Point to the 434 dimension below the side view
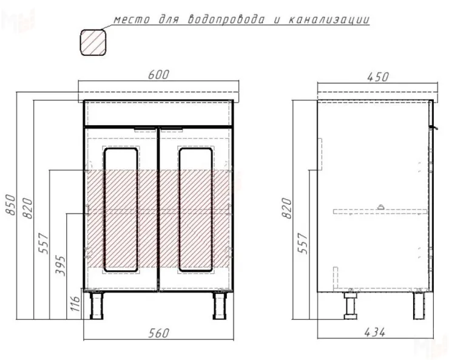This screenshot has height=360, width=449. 376,332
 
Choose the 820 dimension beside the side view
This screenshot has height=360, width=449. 288,208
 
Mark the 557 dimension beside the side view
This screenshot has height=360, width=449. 305,243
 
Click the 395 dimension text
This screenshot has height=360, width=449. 60,262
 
